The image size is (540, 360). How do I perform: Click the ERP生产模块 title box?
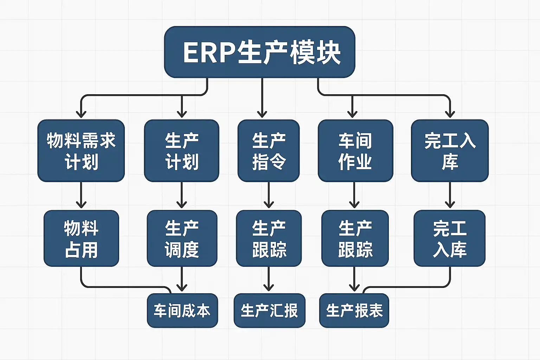(x=259, y=52)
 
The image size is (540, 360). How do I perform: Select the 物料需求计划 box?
(x=81, y=151)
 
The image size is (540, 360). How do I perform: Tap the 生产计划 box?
(x=181, y=151)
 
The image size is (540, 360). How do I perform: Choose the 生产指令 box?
(x=269, y=151)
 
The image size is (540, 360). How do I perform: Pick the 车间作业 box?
(x=355, y=151)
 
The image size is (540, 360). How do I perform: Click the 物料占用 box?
(x=81, y=238)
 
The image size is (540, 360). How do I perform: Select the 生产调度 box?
(x=182, y=238)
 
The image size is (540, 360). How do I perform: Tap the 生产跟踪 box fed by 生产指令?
(x=269, y=238)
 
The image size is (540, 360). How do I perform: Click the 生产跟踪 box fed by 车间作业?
(x=355, y=238)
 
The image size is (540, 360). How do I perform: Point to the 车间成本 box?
(x=182, y=311)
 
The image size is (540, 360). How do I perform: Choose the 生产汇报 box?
(x=269, y=311)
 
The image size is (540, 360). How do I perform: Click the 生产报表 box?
(x=354, y=311)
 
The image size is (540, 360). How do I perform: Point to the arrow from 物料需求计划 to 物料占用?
(x=81, y=195)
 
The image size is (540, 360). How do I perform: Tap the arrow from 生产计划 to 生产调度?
(x=181, y=195)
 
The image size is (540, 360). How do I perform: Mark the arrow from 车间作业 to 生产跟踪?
(x=354, y=195)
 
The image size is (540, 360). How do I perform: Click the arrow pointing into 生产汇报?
(x=269, y=279)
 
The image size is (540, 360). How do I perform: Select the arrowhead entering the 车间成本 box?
(x=181, y=288)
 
